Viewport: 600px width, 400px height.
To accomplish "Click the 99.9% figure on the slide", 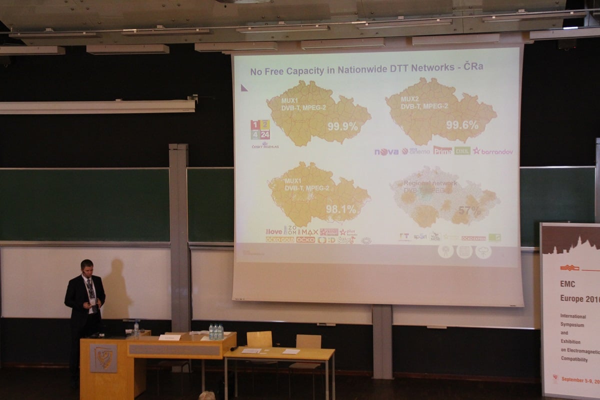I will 342,126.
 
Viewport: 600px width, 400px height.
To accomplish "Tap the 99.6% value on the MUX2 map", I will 462,125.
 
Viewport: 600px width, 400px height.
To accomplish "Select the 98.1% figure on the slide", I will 341,209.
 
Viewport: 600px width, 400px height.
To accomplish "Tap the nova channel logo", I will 386,151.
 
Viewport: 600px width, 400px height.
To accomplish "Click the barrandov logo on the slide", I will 493,151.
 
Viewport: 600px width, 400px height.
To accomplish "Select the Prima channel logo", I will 442,150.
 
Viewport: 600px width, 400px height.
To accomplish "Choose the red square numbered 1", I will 255,125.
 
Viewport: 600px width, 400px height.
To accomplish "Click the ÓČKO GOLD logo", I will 280,239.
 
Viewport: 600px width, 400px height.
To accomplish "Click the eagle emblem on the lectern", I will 103,358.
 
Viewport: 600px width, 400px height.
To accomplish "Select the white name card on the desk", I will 169,337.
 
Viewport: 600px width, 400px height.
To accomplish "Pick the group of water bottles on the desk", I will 216,331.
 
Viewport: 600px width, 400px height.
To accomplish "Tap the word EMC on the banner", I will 568,284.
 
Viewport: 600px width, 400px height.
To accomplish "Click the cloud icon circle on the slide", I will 483,252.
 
